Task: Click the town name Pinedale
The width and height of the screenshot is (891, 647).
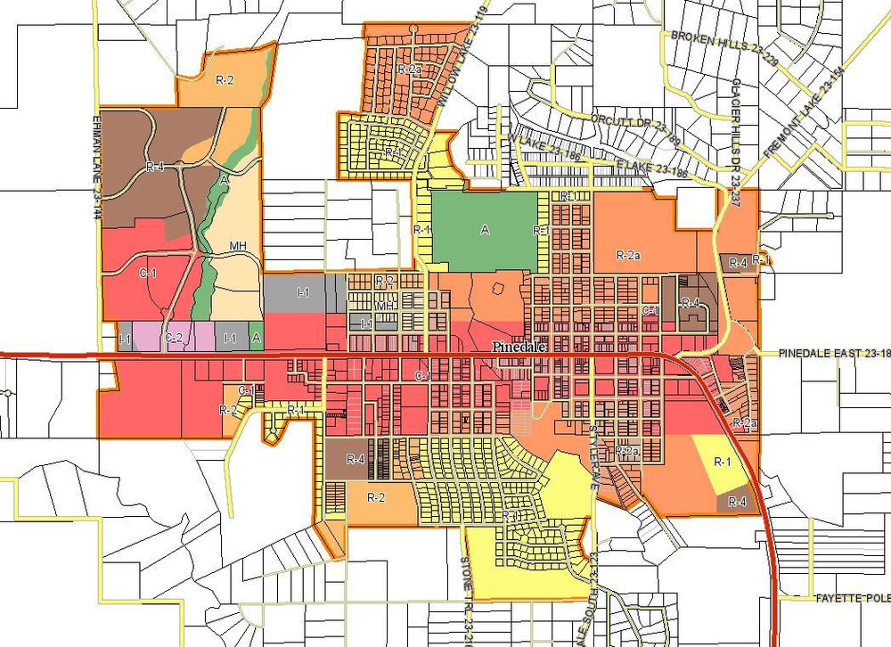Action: pos(520,348)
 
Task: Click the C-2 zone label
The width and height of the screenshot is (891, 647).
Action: pos(174,338)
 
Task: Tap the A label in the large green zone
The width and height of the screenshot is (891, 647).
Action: pos(485,230)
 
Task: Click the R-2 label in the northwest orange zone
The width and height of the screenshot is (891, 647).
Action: pos(225,79)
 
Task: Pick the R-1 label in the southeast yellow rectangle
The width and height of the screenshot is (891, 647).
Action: pos(722,462)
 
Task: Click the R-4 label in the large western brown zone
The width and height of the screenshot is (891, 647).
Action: pos(156,166)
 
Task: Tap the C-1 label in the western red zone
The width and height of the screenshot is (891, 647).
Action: pos(149,274)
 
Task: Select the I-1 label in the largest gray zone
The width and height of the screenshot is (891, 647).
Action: pos(303,291)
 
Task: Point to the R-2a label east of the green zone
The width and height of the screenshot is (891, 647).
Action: pos(628,255)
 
